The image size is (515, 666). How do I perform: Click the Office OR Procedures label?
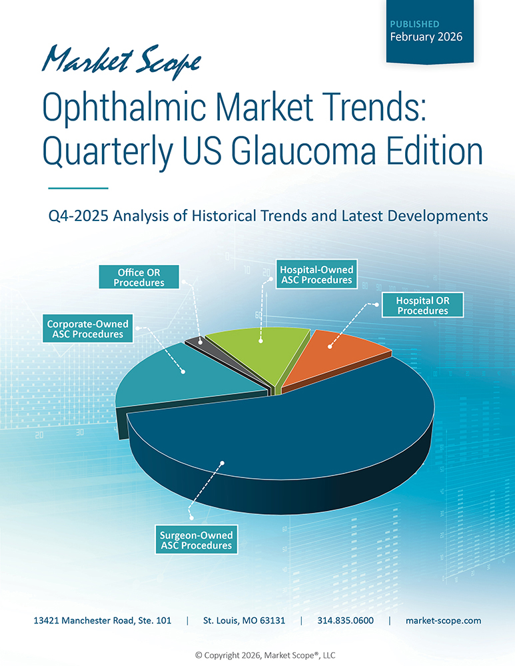pyautogui.click(x=139, y=278)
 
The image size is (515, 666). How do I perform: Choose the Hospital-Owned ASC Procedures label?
pyautogui.click(x=316, y=275)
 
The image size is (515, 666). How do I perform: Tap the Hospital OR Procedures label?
pyautogui.click(x=422, y=305)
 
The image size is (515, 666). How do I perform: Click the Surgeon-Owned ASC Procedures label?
pyautogui.click(x=195, y=540)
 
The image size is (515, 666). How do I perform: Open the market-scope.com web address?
pyautogui.click(x=443, y=621)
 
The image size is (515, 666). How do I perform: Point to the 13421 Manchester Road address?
pyautogui.click(x=103, y=621)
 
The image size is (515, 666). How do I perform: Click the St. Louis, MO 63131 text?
pyautogui.click(x=245, y=621)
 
